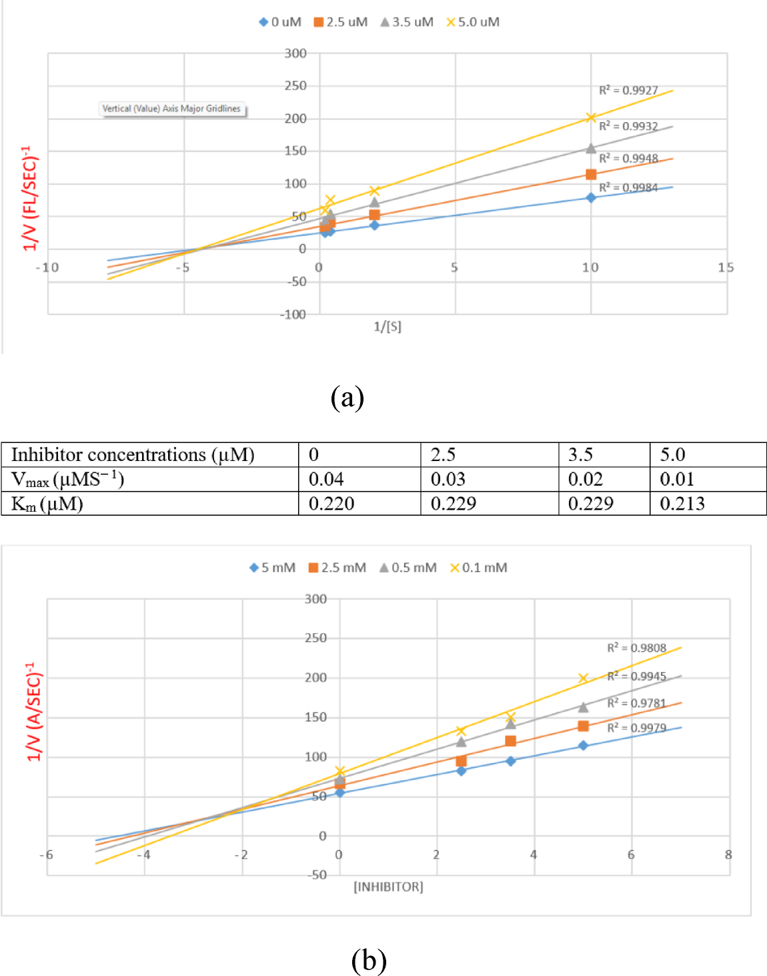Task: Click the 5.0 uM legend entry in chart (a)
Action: pos(473,22)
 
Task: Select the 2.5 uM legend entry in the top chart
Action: pos(341,22)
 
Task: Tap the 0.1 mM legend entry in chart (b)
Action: pos(478,568)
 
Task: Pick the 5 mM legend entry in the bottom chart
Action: pos(272,568)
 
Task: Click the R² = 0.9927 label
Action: pos(628,90)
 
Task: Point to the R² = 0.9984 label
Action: pos(628,187)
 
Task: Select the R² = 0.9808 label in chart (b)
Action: pos(636,648)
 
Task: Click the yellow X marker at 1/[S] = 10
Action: pos(591,117)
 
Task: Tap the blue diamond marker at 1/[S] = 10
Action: pos(591,197)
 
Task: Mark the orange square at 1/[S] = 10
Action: pos(591,174)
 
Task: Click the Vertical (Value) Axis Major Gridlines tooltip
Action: pos(172,109)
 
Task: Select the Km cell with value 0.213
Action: pos(707,504)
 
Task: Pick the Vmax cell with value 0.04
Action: pos(359,479)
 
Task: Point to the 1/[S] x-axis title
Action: pos(388,326)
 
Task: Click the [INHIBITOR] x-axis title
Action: pos(388,887)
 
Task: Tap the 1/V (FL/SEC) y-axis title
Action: pos(30,198)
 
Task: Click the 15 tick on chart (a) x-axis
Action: pos(726,268)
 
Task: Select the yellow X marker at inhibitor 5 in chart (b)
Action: pos(583,678)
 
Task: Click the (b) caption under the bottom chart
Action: pos(368,960)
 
